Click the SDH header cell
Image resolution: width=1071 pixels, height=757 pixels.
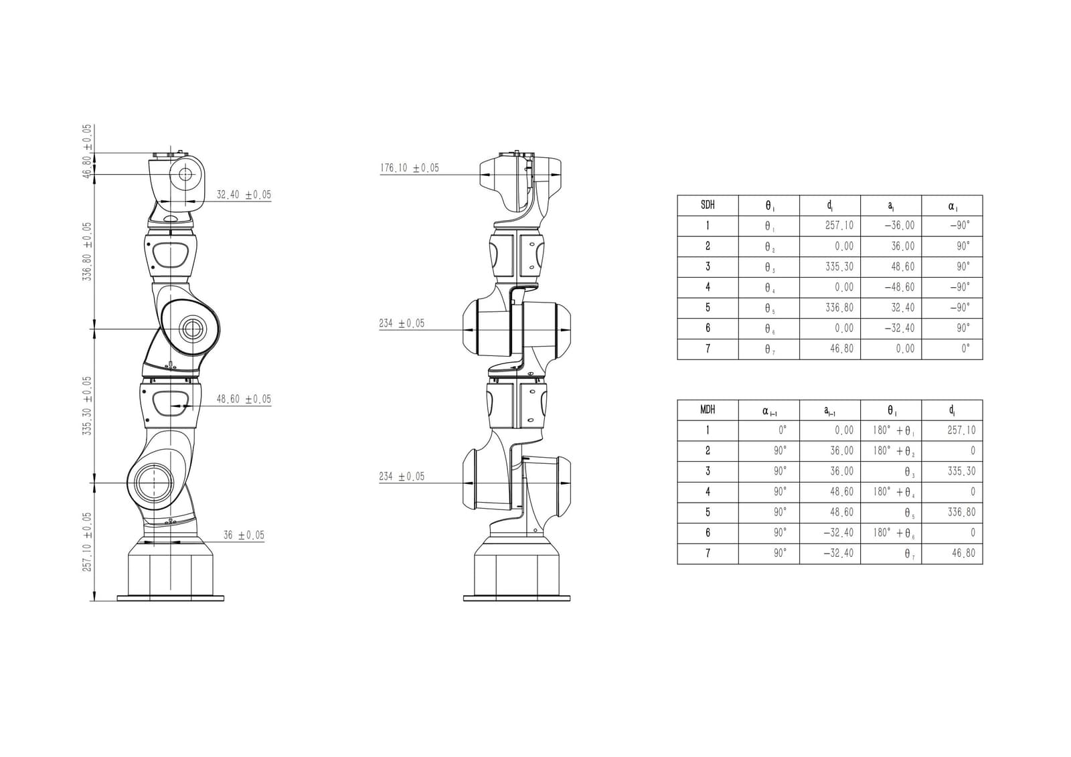708,205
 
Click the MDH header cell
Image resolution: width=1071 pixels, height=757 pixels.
708,410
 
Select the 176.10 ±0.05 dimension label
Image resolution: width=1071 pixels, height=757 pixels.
409,168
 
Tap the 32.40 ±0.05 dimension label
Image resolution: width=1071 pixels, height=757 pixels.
244,195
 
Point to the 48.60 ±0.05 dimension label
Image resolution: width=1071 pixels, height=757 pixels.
244,399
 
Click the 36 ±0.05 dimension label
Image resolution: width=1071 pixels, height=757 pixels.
244,535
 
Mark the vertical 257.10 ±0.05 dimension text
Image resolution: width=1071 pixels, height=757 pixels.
87,541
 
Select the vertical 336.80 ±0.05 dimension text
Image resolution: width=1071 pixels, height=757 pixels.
87,252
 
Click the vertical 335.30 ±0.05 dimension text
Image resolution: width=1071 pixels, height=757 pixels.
87,406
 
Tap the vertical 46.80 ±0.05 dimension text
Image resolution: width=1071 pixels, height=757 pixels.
87,151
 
